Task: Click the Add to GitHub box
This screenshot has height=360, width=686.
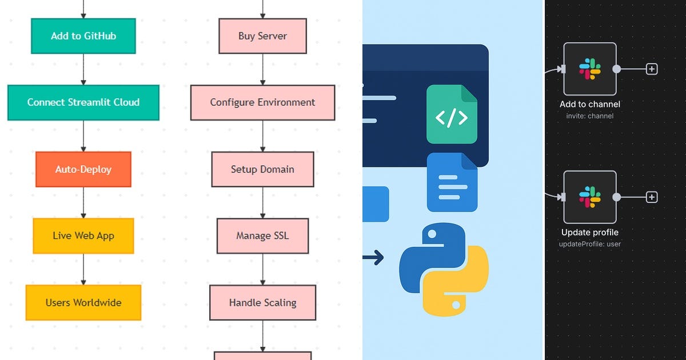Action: pos(83,36)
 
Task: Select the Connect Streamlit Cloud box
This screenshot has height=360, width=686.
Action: pos(83,103)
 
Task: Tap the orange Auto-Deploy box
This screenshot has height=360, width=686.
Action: pos(83,169)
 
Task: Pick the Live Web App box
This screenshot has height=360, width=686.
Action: pos(83,235)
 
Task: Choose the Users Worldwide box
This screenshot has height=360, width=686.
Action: pos(83,302)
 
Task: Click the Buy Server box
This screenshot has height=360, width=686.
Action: pos(262,36)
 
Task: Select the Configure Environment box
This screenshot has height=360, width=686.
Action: pos(262,103)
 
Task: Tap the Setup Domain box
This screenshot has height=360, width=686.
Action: pos(262,169)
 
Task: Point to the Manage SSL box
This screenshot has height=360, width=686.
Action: pos(262,235)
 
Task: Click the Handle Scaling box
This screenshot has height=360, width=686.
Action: pos(262,302)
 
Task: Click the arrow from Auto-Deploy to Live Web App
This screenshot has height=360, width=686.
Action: pos(83,202)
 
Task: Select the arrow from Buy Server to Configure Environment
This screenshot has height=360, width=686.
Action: pos(262,69)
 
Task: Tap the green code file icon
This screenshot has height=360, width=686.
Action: pos(452,114)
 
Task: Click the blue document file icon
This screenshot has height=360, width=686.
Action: pos(452,182)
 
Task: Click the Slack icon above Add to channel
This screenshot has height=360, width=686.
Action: pos(590,69)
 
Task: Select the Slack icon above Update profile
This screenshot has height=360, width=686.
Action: pos(590,197)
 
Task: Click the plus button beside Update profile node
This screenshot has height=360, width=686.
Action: pos(652,197)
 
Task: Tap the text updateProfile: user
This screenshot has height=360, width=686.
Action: pos(590,244)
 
